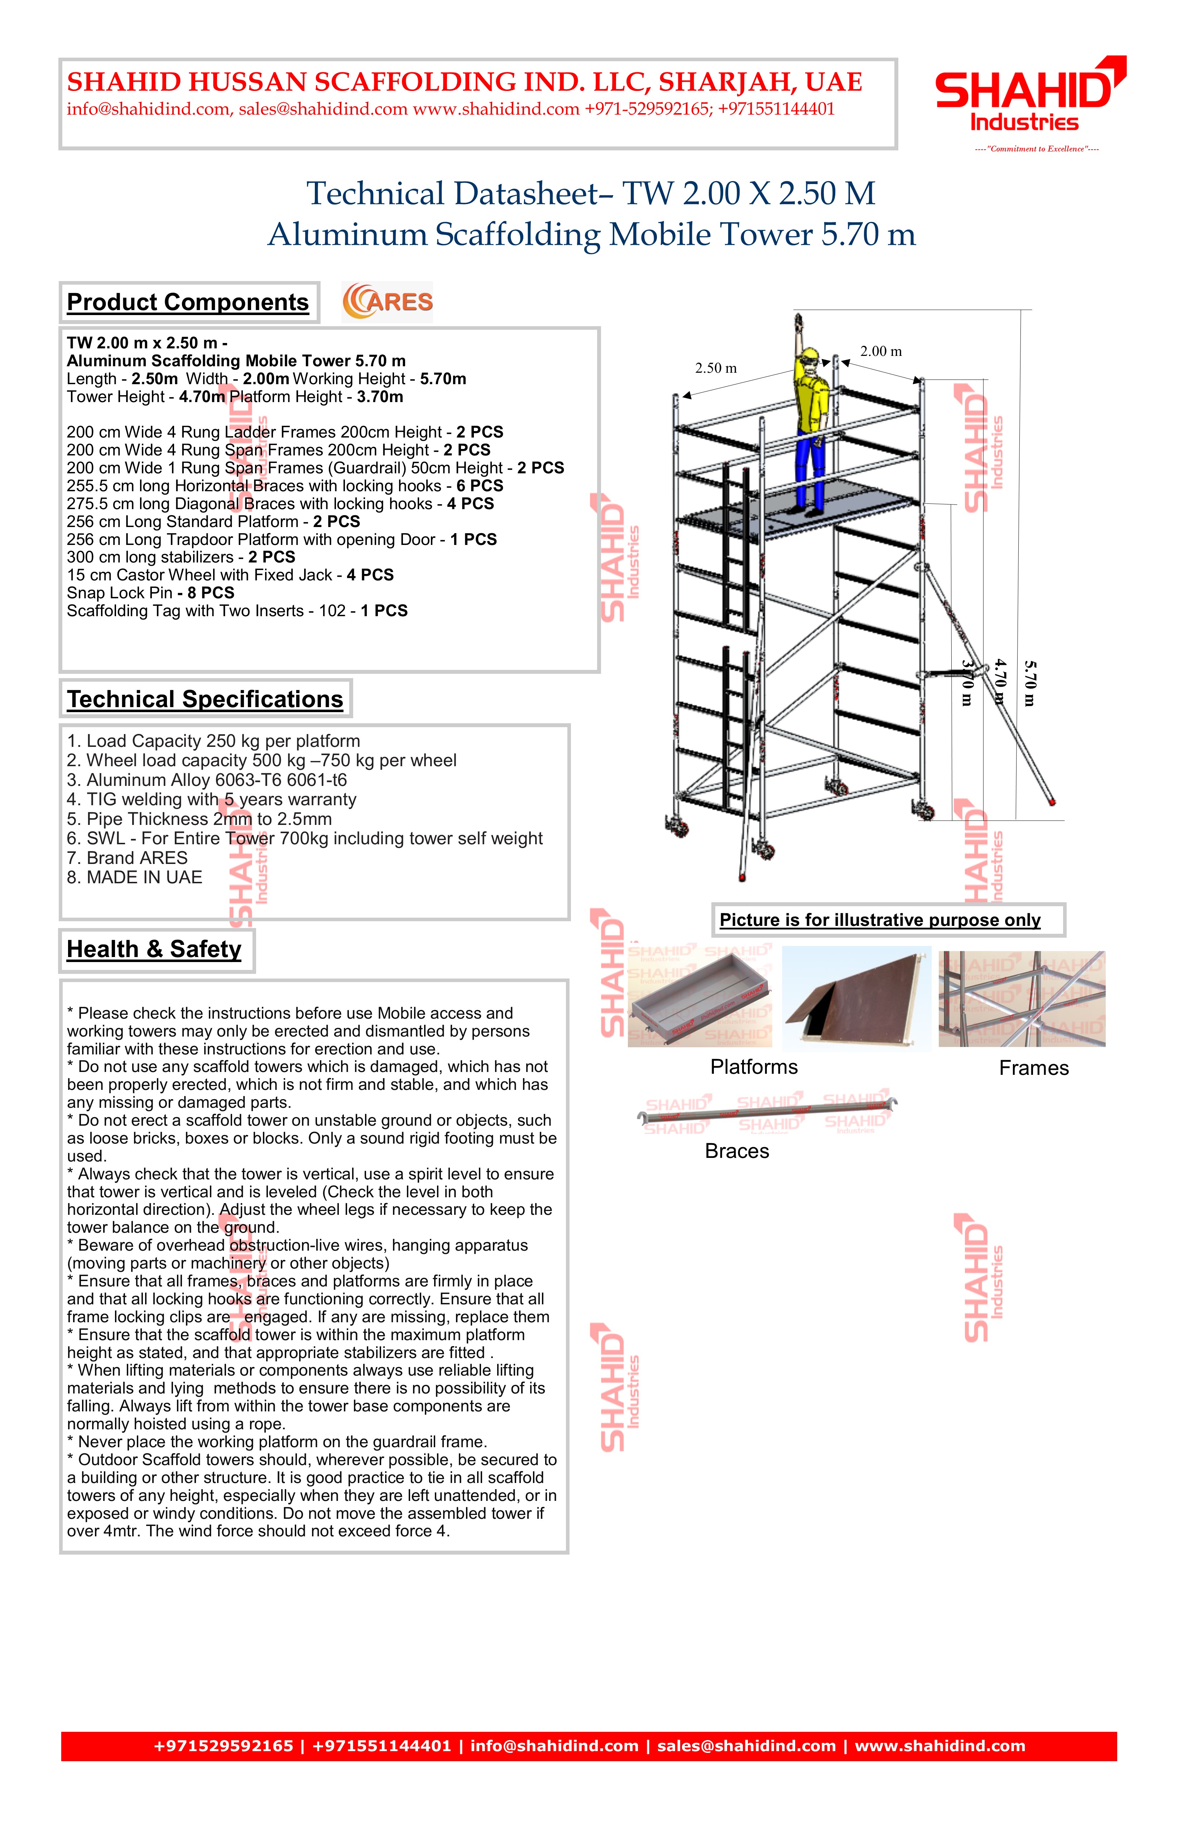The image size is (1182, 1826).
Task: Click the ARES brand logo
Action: tap(388, 301)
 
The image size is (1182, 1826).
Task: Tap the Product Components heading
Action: tap(188, 302)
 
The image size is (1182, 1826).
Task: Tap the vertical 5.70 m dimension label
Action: tap(1029, 683)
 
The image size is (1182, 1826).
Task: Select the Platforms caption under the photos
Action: tap(754, 1067)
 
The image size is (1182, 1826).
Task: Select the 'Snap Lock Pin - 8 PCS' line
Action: tap(150, 593)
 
